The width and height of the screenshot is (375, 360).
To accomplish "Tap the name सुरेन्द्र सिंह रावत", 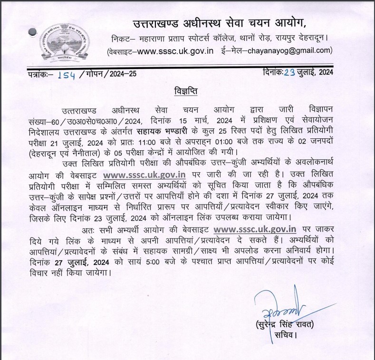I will (287, 325).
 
